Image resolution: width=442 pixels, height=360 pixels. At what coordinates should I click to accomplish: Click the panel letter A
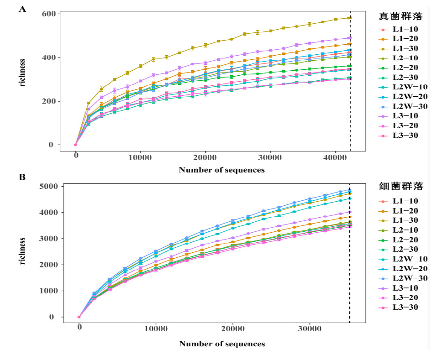(x=22, y=9)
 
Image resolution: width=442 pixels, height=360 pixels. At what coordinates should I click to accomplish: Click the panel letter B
(x=22, y=177)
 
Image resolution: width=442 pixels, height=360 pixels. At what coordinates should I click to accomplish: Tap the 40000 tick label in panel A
(x=335, y=157)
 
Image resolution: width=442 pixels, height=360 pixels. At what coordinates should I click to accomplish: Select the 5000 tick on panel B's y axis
(x=48, y=187)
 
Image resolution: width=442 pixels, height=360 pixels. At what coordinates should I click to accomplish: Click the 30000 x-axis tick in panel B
(x=310, y=329)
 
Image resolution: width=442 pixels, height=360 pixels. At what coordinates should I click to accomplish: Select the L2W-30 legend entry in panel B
(x=403, y=278)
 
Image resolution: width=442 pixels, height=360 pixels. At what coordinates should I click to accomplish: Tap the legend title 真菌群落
(x=400, y=16)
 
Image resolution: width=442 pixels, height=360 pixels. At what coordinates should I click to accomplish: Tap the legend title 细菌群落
(x=401, y=186)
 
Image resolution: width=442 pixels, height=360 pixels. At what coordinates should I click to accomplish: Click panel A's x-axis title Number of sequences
(x=222, y=170)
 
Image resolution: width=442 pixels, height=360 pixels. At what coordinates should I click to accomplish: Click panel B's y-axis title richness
(x=22, y=251)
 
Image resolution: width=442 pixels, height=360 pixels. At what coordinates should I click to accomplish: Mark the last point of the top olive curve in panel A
(x=350, y=18)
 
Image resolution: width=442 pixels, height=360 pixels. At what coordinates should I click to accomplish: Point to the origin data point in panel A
(x=75, y=145)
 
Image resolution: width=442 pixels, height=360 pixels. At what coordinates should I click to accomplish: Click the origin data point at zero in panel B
(x=79, y=317)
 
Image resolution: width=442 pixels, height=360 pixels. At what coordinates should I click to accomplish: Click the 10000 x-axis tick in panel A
(x=140, y=157)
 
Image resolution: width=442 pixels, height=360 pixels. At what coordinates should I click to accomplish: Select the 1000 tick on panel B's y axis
(x=48, y=291)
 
